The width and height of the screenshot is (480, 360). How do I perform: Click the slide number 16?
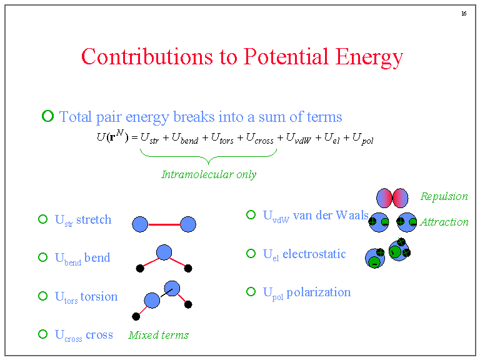pyautogui.click(x=463, y=14)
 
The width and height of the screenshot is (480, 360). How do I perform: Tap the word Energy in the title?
pyautogui.click(x=369, y=57)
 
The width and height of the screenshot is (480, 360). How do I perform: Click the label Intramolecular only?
pyautogui.click(x=209, y=174)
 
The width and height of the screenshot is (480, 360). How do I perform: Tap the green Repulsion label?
pyautogui.click(x=444, y=196)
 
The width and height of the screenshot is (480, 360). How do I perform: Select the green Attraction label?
pyautogui.click(x=444, y=222)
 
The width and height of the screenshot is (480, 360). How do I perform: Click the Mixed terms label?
pyautogui.click(x=158, y=335)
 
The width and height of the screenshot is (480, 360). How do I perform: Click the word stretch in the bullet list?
pyautogui.click(x=94, y=219)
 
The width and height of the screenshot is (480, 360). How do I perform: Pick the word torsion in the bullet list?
pyautogui.click(x=99, y=296)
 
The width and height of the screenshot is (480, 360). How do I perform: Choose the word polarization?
pyautogui.click(x=318, y=292)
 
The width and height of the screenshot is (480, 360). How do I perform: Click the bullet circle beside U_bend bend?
pyautogui.click(x=42, y=257)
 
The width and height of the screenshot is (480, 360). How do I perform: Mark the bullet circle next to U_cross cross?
pyautogui.click(x=42, y=334)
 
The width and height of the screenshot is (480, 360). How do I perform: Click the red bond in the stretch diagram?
pyautogui.click(x=164, y=224)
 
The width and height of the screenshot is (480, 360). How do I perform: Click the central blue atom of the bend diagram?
pyautogui.click(x=164, y=252)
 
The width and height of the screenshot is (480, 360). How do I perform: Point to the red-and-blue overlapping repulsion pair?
pyautogui.click(x=392, y=198)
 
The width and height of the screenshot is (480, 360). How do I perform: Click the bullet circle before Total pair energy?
pyautogui.click(x=47, y=116)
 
